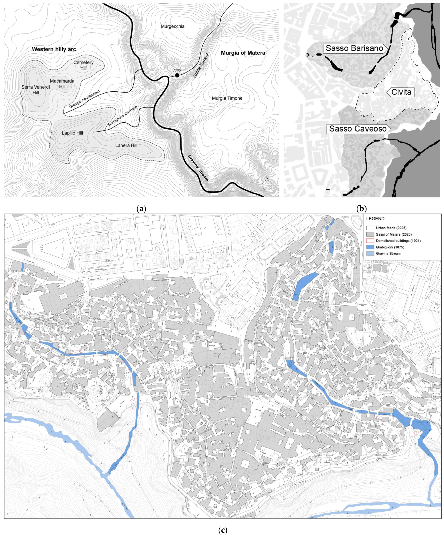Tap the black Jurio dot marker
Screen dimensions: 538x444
pyautogui.click(x=177, y=75)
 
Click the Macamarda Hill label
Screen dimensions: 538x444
pyautogui.click(x=62, y=84)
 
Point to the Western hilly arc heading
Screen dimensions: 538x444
pyautogui.click(x=54, y=49)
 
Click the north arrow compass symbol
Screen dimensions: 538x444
pyautogui.click(x=267, y=184)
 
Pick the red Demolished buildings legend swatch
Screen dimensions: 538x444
pyautogui.click(x=370, y=241)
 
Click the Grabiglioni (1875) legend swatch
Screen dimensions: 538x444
pyautogui.click(x=370, y=247)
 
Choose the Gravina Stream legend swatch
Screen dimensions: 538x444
pyautogui.click(x=370, y=253)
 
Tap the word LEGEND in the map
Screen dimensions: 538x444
pyautogui.click(x=375, y=219)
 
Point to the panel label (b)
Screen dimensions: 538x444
pyautogui.click(x=361, y=209)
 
